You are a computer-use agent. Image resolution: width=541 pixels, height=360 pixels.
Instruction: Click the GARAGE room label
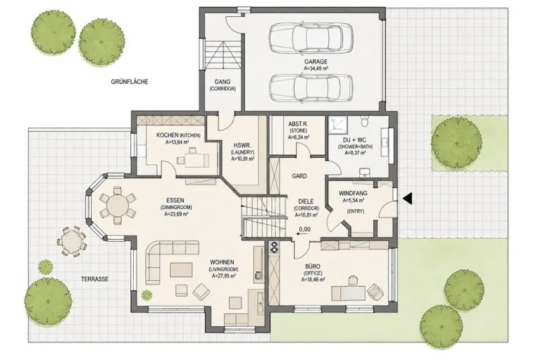pos(316,62)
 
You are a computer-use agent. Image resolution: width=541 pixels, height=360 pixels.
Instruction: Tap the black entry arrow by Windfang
pos(407,199)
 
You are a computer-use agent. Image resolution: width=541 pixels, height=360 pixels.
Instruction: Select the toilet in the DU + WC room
pos(365,121)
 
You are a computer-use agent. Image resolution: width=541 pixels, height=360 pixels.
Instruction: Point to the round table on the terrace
pos(70,242)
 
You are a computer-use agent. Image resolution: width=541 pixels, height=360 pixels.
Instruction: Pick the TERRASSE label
pos(95,279)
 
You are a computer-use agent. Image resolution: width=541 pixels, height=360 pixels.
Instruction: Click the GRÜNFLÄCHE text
pos(130,82)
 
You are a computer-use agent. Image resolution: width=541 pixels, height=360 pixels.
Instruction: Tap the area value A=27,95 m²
pos(223,275)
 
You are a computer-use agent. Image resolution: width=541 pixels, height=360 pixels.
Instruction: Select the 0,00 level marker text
pos(304,229)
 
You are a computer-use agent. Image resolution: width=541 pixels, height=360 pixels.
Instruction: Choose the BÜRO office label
pos(313,266)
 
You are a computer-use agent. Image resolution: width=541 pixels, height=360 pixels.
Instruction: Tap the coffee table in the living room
pos(181,270)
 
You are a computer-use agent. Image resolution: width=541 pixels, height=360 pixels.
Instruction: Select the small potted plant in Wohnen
pos(147,294)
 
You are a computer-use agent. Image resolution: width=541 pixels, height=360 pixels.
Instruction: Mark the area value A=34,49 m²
pos(316,68)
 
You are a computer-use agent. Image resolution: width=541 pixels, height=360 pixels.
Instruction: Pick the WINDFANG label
pos(353,193)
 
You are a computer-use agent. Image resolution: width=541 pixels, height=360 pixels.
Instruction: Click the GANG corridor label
pos(223,82)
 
